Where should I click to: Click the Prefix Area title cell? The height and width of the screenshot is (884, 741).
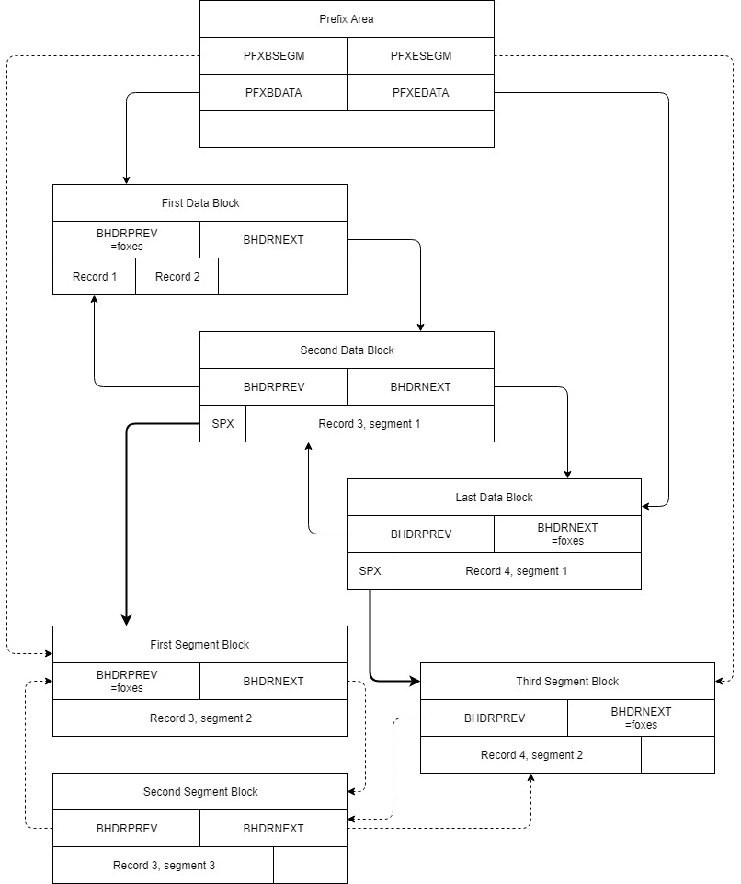(x=347, y=19)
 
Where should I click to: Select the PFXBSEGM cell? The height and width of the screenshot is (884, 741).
(x=273, y=56)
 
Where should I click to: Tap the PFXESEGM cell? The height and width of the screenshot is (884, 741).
(x=420, y=56)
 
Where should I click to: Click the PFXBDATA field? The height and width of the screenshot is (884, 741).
(x=273, y=93)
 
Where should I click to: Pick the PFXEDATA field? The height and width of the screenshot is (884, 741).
(x=420, y=93)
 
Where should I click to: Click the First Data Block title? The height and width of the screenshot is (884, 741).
(x=199, y=203)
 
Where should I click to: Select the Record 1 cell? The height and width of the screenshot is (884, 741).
(x=94, y=277)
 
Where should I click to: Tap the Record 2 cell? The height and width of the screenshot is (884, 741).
(x=177, y=277)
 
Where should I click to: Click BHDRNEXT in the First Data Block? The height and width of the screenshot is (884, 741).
(x=273, y=240)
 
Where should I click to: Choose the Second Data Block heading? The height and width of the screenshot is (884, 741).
(x=347, y=350)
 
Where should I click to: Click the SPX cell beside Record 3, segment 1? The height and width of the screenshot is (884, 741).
(x=222, y=424)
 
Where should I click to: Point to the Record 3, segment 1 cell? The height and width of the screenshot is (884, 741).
(x=370, y=424)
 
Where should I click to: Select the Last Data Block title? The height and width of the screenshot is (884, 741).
(x=494, y=498)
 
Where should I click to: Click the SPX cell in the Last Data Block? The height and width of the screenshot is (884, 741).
(x=370, y=571)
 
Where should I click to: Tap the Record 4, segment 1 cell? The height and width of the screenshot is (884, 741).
(x=517, y=571)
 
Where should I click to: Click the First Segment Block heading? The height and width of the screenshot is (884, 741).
(x=199, y=645)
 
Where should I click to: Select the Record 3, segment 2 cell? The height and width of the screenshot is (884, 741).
(x=199, y=718)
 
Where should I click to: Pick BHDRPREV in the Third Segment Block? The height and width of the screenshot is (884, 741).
(x=494, y=718)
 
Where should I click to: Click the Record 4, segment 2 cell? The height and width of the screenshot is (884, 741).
(x=530, y=755)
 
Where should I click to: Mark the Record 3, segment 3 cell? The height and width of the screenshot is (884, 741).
(x=163, y=866)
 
